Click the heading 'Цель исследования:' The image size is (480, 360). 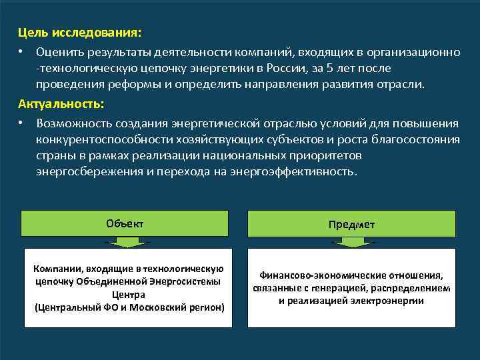79,32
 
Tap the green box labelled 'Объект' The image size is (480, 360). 125,223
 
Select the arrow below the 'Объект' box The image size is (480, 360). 125,242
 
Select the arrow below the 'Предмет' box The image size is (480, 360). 351,243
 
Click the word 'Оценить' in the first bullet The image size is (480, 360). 60,51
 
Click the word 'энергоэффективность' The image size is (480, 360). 293,171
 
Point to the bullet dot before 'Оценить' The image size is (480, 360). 22,51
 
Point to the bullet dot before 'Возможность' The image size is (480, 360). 22,123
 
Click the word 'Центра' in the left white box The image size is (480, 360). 129,294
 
